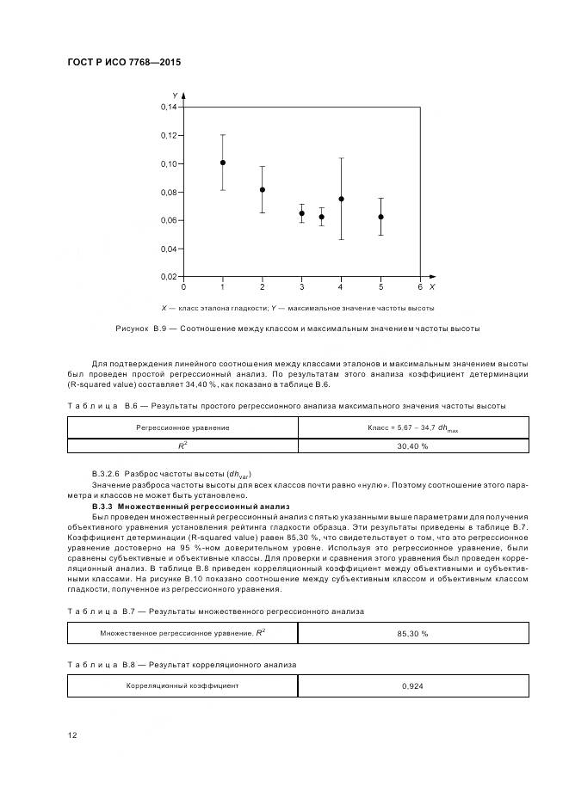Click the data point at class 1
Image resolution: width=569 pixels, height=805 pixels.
pyautogui.click(x=223, y=163)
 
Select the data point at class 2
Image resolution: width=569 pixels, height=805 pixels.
pyautogui.click(x=263, y=190)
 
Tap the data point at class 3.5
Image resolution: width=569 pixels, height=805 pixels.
pyautogui.click(x=321, y=217)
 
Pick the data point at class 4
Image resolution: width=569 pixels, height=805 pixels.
pyautogui.click(x=341, y=199)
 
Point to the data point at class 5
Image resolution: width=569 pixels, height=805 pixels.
pyautogui.click(x=380, y=217)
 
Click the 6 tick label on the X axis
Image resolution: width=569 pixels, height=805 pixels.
pyautogui.click(x=420, y=286)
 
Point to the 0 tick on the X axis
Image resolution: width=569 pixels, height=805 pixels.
pyautogui.click(x=183, y=286)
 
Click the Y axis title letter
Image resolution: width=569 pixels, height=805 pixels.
pyautogui.click(x=176, y=95)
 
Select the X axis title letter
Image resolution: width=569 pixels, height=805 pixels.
pyautogui.click(x=432, y=286)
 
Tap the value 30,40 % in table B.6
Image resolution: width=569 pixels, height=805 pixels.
pyautogui.click(x=412, y=446)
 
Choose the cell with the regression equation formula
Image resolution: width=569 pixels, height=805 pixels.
pyautogui.click(x=412, y=427)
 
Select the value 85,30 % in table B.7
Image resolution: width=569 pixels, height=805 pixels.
pyautogui.click(x=412, y=632)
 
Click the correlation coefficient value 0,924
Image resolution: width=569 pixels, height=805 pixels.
pyautogui.click(x=412, y=685)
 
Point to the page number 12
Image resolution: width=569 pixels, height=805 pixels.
pyautogui.click(x=72, y=734)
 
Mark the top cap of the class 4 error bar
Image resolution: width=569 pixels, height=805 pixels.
pyautogui.click(x=341, y=158)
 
